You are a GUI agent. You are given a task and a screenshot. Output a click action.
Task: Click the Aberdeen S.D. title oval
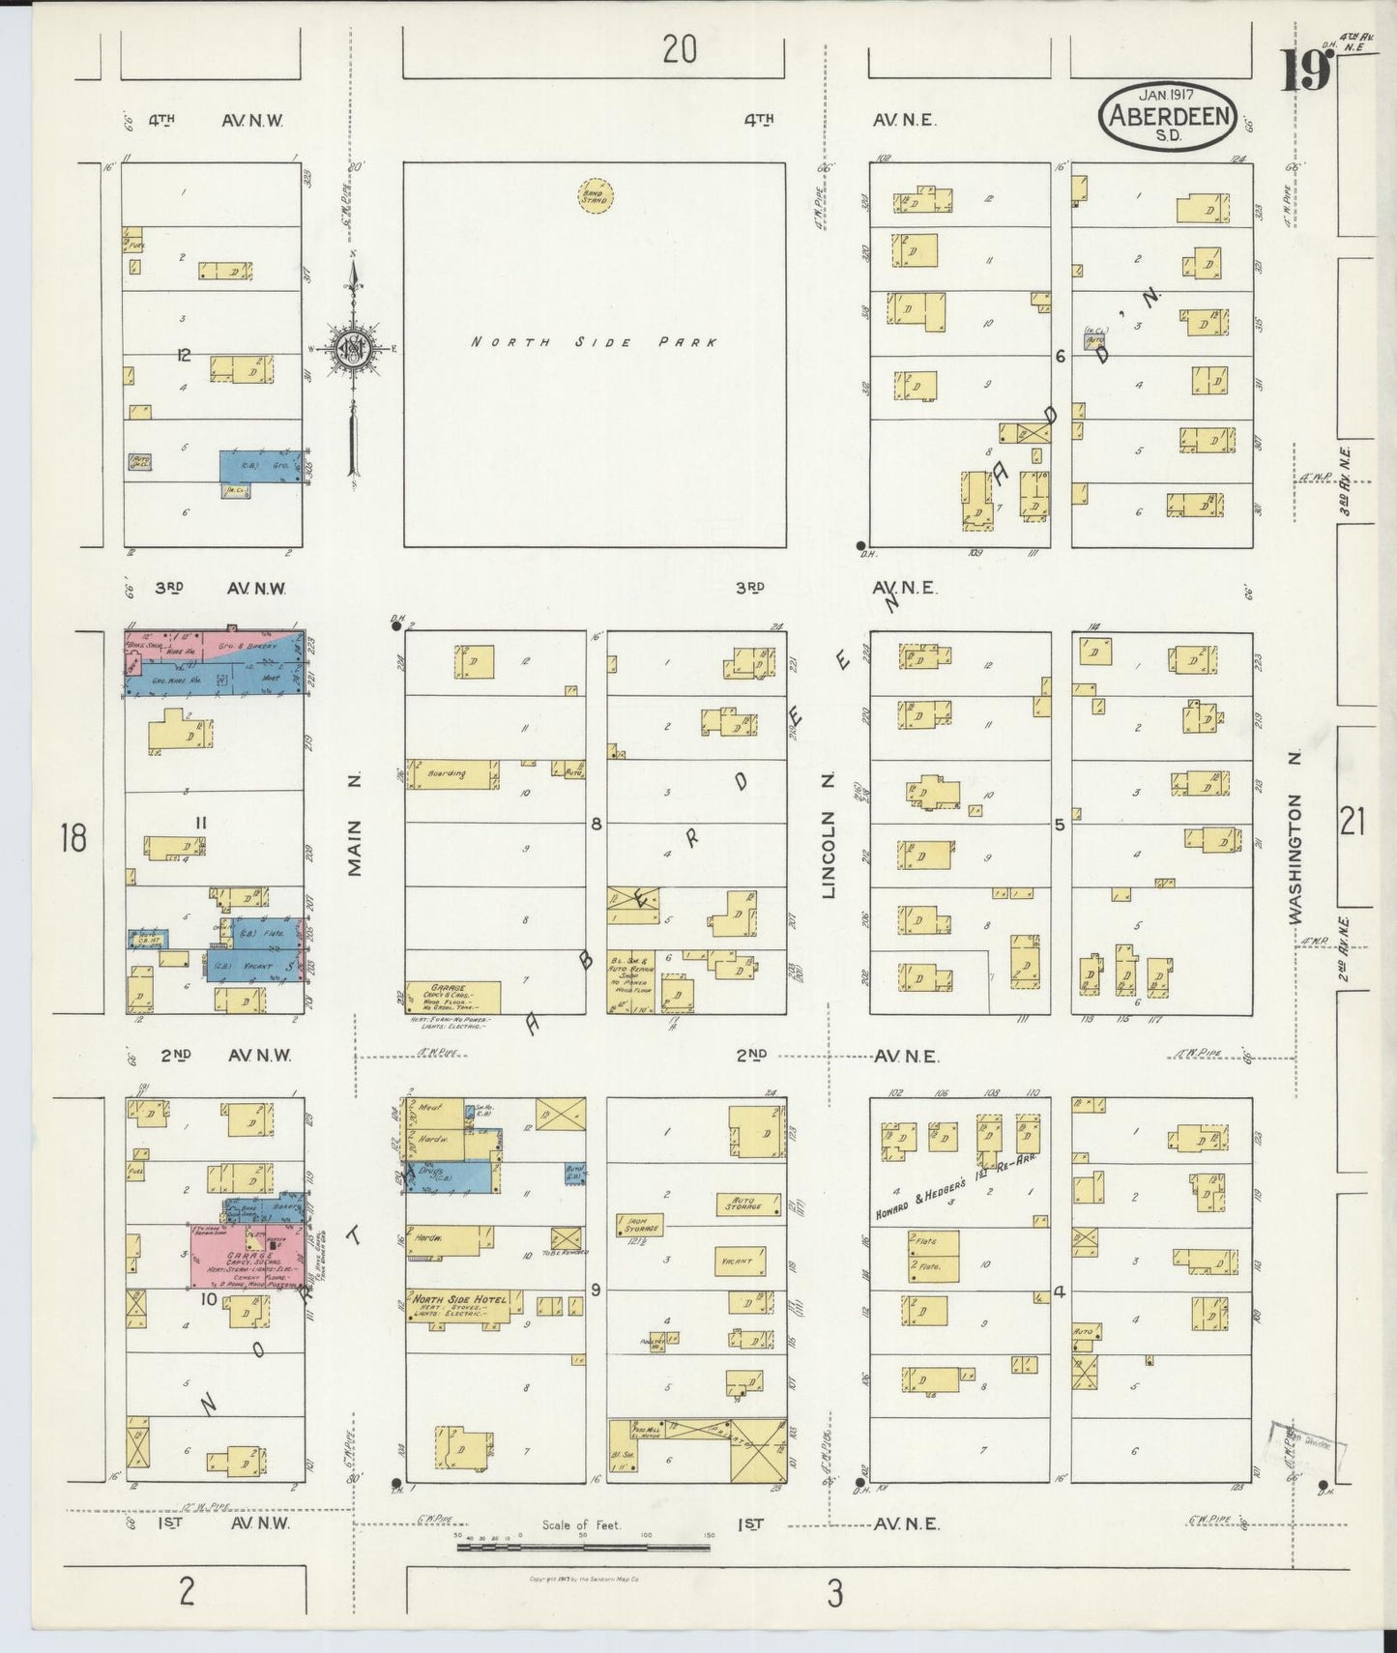click(x=1167, y=119)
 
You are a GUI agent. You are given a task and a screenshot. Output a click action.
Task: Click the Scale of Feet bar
click(x=583, y=1548)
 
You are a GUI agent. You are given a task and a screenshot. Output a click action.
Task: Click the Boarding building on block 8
click(x=452, y=774)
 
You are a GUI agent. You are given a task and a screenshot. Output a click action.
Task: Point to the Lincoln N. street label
click(x=829, y=837)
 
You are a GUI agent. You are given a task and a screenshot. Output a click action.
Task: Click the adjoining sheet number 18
click(x=73, y=837)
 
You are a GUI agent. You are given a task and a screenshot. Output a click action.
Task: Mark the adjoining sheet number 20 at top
click(x=680, y=49)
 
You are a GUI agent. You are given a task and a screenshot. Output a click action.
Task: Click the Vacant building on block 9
click(x=742, y=1261)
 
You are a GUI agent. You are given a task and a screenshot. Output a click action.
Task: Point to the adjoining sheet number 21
click(x=1353, y=823)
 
